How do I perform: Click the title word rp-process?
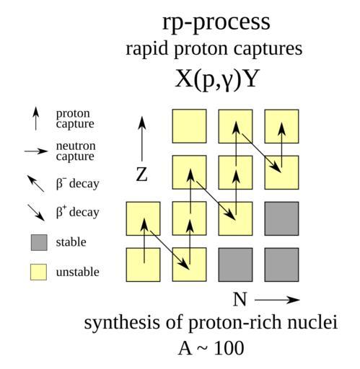(x=216, y=22)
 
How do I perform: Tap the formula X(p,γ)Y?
(x=217, y=79)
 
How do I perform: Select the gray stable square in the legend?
(x=39, y=242)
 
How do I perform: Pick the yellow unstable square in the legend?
(x=38, y=272)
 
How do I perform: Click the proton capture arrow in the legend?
(x=36, y=119)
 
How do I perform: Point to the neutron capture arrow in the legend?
(x=36, y=151)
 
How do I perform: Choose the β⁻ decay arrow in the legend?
(x=35, y=184)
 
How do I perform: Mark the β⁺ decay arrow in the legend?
(x=36, y=213)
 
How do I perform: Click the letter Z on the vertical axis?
(x=141, y=174)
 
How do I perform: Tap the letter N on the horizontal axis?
(x=240, y=299)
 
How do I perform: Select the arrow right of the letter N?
(x=277, y=300)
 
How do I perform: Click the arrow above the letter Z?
(x=142, y=138)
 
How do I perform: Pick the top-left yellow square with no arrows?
(x=190, y=126)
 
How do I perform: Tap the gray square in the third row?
(x=281, y=218)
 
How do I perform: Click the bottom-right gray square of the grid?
(x=281, y=264)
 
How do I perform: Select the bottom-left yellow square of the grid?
(x=144, y=264)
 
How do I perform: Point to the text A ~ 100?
(x=211, y=348)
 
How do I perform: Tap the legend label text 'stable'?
(x=71, y=242)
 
